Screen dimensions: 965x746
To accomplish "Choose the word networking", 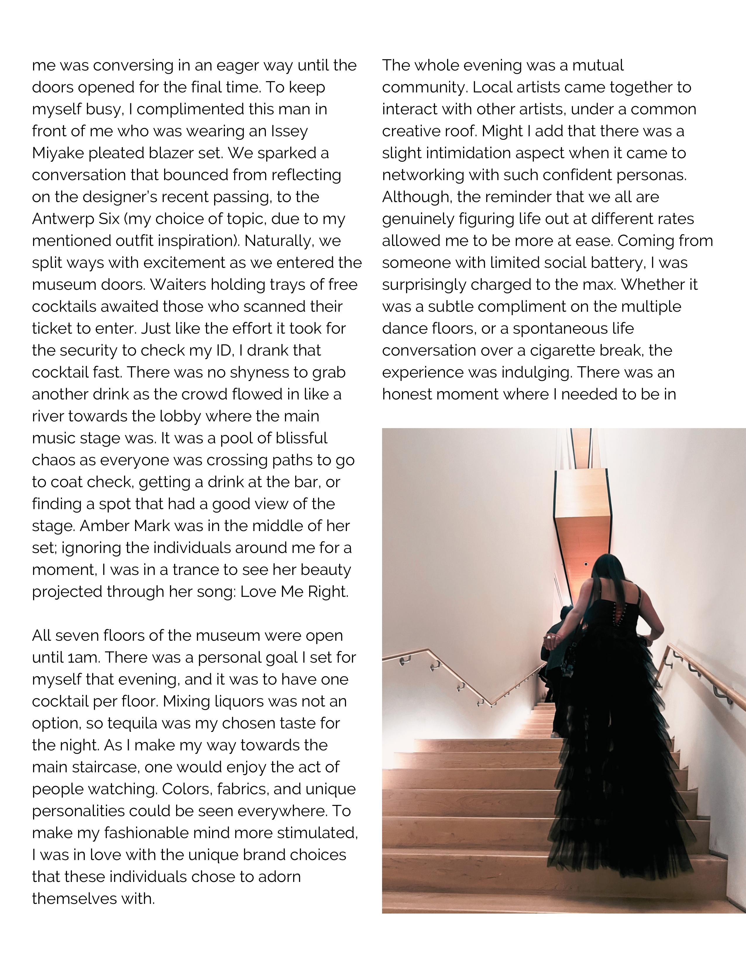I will coord(422,175).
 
